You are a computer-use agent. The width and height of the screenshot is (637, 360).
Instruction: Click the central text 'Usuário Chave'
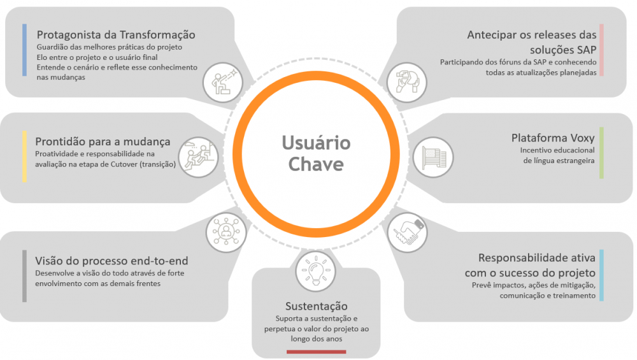click(316, 154)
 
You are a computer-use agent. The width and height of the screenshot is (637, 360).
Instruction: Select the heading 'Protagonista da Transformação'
click(116, 35)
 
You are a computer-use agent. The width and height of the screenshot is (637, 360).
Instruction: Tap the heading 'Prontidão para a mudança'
click(103, 141)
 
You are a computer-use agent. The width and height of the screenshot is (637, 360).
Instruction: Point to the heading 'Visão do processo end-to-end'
click(111, 261)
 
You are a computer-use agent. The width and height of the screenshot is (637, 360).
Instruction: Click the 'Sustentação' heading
click(316, 306)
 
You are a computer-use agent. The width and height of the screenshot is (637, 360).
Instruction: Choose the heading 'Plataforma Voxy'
click(553, 138)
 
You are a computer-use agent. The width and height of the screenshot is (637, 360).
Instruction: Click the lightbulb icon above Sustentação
click(316, 271)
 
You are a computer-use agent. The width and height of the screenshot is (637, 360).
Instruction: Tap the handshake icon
click(407, 233)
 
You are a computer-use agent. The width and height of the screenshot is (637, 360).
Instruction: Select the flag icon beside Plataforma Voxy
click(433, 157)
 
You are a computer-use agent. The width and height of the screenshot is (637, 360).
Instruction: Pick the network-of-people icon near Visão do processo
click(226, 233)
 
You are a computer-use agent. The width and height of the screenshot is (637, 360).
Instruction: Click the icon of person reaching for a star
click(223, 82)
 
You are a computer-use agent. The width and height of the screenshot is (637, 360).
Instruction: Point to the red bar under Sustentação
click(316, 352)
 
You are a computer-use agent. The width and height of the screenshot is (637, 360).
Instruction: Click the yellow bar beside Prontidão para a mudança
click(24, 157)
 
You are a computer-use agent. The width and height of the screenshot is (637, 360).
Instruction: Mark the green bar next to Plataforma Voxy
click(602, 153)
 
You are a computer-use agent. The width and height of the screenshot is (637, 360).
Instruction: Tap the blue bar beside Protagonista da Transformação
click(24, 50)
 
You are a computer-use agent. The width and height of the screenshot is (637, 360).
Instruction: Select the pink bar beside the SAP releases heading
click(602, 50)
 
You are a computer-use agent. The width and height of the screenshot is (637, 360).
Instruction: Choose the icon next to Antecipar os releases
click(406, 82)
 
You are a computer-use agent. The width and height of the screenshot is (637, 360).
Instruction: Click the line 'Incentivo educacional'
click(557, 150)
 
